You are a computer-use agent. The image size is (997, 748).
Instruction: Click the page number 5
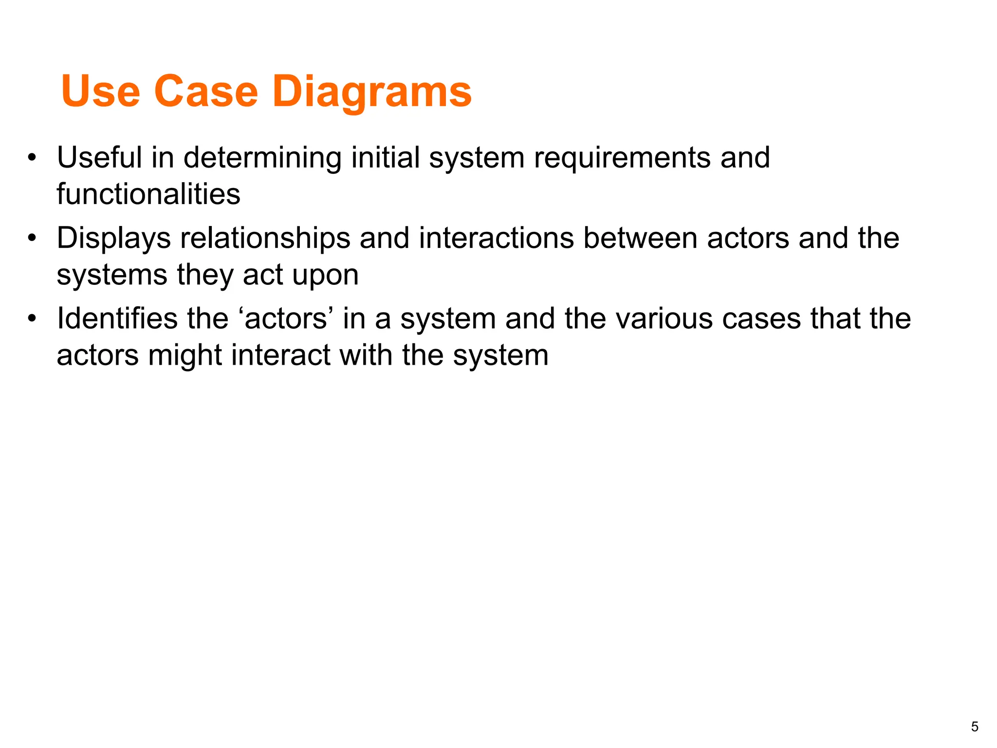coord(975,727)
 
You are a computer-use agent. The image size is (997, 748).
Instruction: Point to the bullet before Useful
coord(32,158)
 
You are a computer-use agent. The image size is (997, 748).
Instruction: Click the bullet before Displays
coord(32,238)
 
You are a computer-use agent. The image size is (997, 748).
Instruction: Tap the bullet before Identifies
coord(32,318)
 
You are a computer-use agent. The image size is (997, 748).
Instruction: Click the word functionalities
coord(148,194)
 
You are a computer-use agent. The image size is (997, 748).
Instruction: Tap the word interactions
coord(496,238)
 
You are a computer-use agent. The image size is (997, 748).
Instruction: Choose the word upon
coord(325,275)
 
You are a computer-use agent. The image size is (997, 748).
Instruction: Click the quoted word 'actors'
coord(286,318)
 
